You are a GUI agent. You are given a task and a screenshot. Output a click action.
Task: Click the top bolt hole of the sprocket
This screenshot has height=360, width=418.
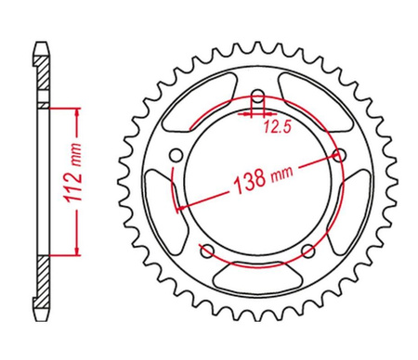click(255, 96)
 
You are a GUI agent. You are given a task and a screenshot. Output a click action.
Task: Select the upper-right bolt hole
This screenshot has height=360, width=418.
click(339, 155)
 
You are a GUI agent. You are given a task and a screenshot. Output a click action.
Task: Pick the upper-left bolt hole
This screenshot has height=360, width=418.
click(174, 155)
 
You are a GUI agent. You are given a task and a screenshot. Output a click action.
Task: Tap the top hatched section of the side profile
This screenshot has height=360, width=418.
click(44, 74)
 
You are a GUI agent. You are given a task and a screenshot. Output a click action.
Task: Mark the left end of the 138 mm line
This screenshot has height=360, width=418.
click(176, 205)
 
